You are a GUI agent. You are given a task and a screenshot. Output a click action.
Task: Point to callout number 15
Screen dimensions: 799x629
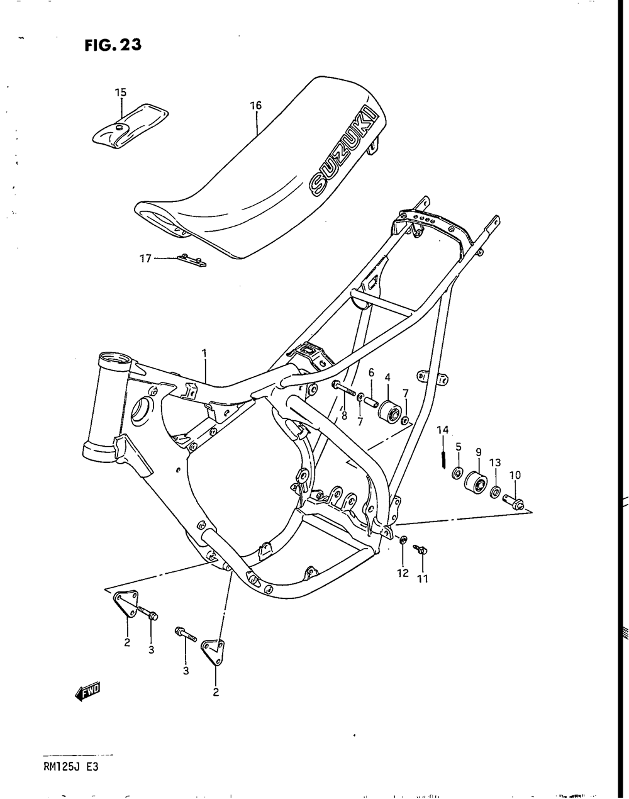(x=120, y=92)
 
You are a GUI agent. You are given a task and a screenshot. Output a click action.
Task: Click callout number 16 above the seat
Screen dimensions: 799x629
(x=255, y=106)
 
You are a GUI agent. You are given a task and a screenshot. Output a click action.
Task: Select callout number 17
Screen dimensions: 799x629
(x=145, y=258)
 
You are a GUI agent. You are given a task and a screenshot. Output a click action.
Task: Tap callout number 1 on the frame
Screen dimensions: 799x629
(x=204, y=354)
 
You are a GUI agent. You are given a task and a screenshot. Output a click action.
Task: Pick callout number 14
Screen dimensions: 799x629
(x=443, y=430)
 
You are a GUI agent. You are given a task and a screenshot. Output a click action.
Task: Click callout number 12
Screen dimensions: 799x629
(x=403, y=573)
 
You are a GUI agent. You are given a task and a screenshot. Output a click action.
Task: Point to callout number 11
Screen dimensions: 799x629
(x=422, y=579)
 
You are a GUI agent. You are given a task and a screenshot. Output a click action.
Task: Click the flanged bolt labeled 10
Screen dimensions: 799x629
(x=514, y=502)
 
